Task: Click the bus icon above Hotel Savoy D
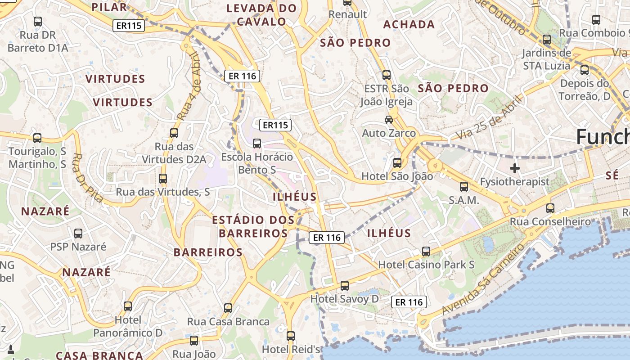coord(344,285)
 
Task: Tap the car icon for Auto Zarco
coord(388,120)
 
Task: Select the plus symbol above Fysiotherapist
coord(515,168)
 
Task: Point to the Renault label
coord(347,14)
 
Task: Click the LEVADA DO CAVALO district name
coord(261,15)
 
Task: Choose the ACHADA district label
coord(409,25)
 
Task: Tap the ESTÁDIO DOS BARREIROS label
coord(253,226)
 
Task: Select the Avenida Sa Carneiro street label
coord(484,279)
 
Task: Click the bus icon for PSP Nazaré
coord(78,233)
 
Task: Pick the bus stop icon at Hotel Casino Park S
coord(426,251)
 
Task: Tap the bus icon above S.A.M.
coord(464,186)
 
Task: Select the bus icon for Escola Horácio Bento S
coord(257,144)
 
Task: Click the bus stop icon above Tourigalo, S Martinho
coord(37,138)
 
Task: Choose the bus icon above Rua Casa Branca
coord(228,308)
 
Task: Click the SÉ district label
coord(612,176)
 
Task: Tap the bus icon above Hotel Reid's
coord(291,336)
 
